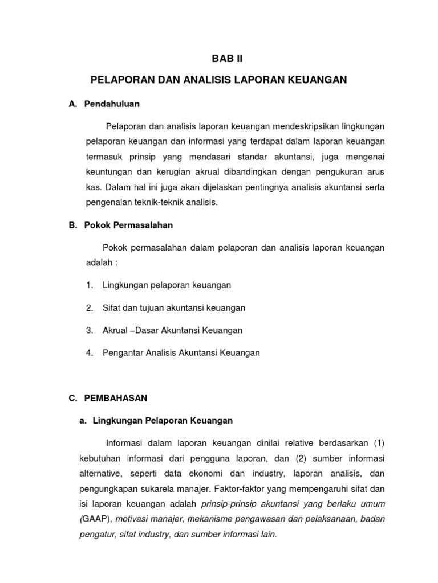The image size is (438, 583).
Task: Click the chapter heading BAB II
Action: pyautogui.click(x=219, y=58)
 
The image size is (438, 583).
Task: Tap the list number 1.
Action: pyautogui.click(x=90, y=285)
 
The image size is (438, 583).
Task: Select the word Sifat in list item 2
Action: pyautogui.click(x=112, y=307)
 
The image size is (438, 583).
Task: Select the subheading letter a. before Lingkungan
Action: pyautogui.click(x=82, y=421)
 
